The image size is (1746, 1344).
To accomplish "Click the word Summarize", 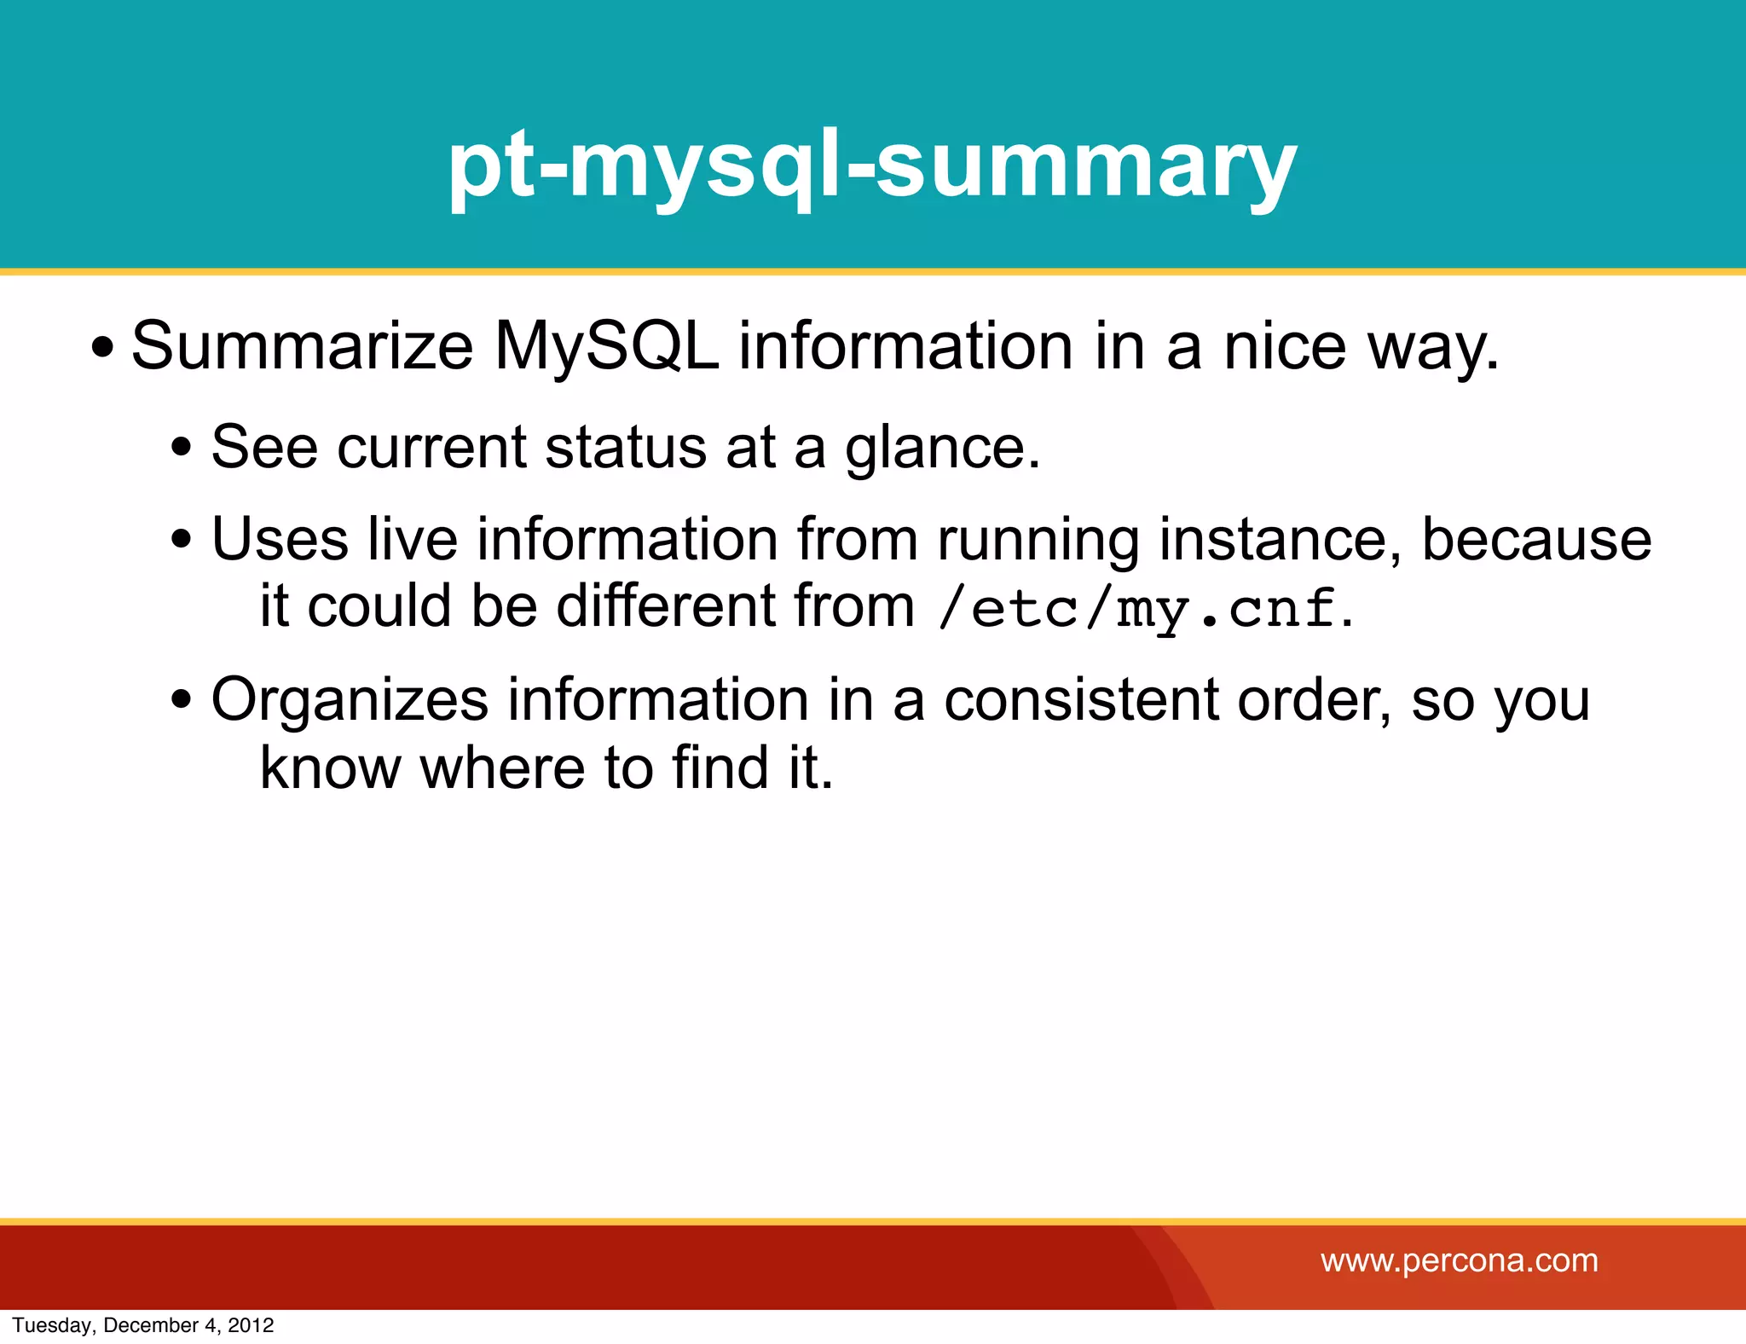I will [302, 346].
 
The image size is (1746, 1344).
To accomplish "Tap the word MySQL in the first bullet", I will [606, 346].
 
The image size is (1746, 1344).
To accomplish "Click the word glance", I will [942, 448].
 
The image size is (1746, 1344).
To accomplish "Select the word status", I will [625, 448].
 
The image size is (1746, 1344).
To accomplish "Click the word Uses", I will [280, 540].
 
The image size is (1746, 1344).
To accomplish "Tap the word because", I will [1535, 540].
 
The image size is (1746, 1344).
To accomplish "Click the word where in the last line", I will [502, 768].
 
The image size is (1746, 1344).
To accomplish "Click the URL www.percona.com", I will [1459, 1260].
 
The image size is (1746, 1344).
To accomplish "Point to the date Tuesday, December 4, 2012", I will [143, 1325].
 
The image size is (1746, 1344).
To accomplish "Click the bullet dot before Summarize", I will [103, 349].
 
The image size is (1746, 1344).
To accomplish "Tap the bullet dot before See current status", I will [181, 448].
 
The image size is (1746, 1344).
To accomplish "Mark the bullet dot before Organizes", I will [181, 701].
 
